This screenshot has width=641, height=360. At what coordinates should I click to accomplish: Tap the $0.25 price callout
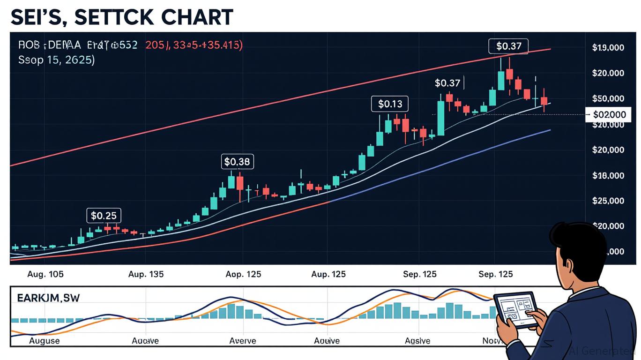coord(104,216)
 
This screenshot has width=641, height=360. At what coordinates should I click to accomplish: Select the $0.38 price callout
coord(237,162)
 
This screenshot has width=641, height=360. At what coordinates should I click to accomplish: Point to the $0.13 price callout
coord(390,104)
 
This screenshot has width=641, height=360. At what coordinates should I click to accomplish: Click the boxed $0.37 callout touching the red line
coord(508,46)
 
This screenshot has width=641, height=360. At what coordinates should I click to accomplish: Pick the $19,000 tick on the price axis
coord(608,47)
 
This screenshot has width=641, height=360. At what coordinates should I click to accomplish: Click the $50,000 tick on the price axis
coord(608,98)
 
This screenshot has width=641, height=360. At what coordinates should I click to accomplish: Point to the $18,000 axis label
coord(608,176)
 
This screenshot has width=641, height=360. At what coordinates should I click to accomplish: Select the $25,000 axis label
coord(608,201)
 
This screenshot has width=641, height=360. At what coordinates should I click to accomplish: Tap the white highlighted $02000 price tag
coord(609,114)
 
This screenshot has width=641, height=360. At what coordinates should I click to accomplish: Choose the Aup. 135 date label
coord(146,274)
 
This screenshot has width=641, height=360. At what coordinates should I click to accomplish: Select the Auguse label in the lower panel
coord(45,341)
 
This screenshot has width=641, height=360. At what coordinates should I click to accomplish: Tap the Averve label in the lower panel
coord(242,341)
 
